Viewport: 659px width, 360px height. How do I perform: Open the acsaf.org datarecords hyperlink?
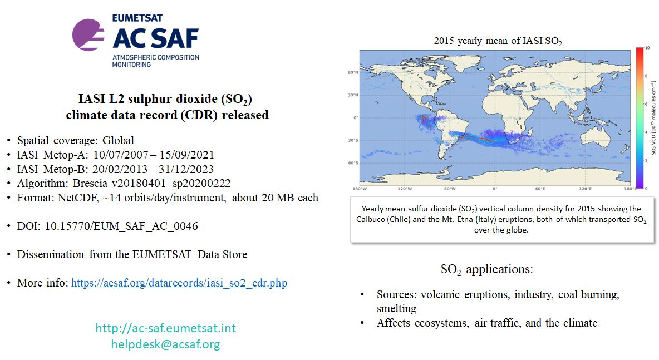tap(179, 283)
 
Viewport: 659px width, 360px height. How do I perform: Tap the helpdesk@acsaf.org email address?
tap(165, 344)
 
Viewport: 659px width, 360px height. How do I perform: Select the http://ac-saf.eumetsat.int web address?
tap(165, 328)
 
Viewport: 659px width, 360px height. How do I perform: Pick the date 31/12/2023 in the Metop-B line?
tap(188, 169)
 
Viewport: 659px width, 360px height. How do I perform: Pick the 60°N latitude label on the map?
tap(352, 72)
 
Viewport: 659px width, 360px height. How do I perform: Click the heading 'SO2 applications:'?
tap(487, 270)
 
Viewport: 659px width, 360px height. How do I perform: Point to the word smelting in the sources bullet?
tap(396, 308)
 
